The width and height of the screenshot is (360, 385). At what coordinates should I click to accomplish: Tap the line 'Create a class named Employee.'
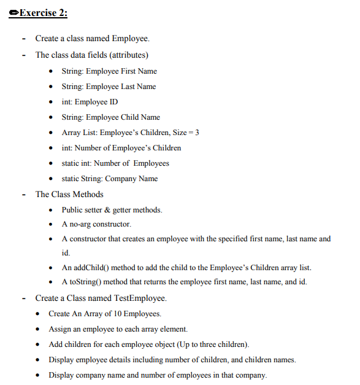[92, 39]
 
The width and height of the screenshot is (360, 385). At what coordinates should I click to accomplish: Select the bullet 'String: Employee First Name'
[109, 71]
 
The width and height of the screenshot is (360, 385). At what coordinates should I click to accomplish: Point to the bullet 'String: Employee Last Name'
[109, 87]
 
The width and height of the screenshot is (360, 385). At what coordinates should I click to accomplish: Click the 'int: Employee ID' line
[90, 102]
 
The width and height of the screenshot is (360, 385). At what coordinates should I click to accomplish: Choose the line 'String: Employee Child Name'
[110, 117]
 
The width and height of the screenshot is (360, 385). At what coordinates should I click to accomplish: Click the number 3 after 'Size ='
[197, 133]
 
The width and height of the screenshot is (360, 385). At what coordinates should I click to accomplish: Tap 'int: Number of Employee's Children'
[121, 148]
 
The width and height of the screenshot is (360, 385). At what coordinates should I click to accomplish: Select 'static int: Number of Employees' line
[115, 163]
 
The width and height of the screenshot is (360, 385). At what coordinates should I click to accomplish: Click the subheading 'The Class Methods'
[69, 195]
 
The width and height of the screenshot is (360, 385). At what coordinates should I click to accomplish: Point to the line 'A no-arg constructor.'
[96, 224]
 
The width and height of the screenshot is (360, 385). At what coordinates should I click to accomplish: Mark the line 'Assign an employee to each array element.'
[118, 329]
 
